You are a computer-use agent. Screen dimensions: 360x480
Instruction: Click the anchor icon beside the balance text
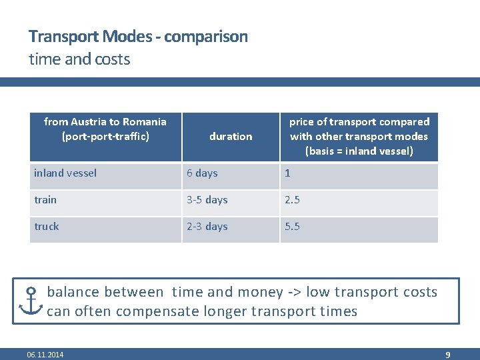point(31,301)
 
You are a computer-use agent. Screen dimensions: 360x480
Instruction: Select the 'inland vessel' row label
point(65,173)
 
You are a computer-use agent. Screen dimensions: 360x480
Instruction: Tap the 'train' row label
point(46,200)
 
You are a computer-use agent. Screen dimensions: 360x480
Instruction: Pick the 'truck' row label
point(47,227)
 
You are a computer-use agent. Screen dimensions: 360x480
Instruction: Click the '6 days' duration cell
point(202,173)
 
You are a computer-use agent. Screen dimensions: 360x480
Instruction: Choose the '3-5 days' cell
point(207,200)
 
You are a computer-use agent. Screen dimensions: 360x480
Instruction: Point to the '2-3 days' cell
point(207,227)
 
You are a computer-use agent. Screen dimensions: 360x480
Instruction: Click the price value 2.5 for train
point(293,200)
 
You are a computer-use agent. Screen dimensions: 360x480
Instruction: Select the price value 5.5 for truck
point(293,227)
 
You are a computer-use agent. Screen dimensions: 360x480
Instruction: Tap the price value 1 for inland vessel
point(288,173)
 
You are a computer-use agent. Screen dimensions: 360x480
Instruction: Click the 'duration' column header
point(231,137)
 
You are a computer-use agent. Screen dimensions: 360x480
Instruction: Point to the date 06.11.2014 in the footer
point(45,355)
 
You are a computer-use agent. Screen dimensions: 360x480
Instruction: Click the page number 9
point(448,355)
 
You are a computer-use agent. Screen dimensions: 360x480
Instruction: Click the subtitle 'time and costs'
point(79,59)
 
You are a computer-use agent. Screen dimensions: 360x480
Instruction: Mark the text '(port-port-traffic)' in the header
point(105,137)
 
